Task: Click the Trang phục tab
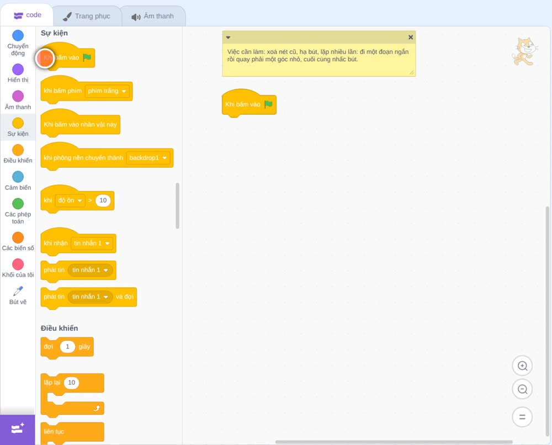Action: pyautogui.click(x=87, y=16)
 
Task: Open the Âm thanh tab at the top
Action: pyautogui.click(x=153, y=16)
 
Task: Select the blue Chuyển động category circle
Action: pyautogui.click(x=18, y=35)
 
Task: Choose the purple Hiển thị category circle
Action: pyautogui.click(x=18, y=70)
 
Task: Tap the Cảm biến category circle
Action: pyautogui.click(x=18, y=177)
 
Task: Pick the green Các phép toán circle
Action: pyautogui.click(x=18, y=204)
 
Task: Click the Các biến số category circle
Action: pyautogui.click(x=18, y=237)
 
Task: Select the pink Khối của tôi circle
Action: pyautogui.click(x=18, y=264)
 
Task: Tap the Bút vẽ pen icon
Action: pyautogui.click(x=18, y=291)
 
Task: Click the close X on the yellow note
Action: pyautogui.click(x=411, y=37)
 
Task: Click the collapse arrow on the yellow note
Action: pyautogui.click(x=228, y=38)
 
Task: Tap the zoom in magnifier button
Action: pyautogui.click(x=522, y=366)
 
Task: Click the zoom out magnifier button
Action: pyautogui.click(x=522, y=389)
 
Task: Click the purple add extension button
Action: pyautogui.click(x=18, y=429)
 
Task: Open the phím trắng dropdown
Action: pyautogui.click(x=107, y=91)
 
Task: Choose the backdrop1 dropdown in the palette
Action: pyautogui.click(x=148, y=158)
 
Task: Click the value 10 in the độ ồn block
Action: pyautogui.click(x=103, y=200)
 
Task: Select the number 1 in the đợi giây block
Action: pyautogui.click(x=67, y=346)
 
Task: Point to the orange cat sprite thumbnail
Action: pyautogui.click(x=524, y=52)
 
